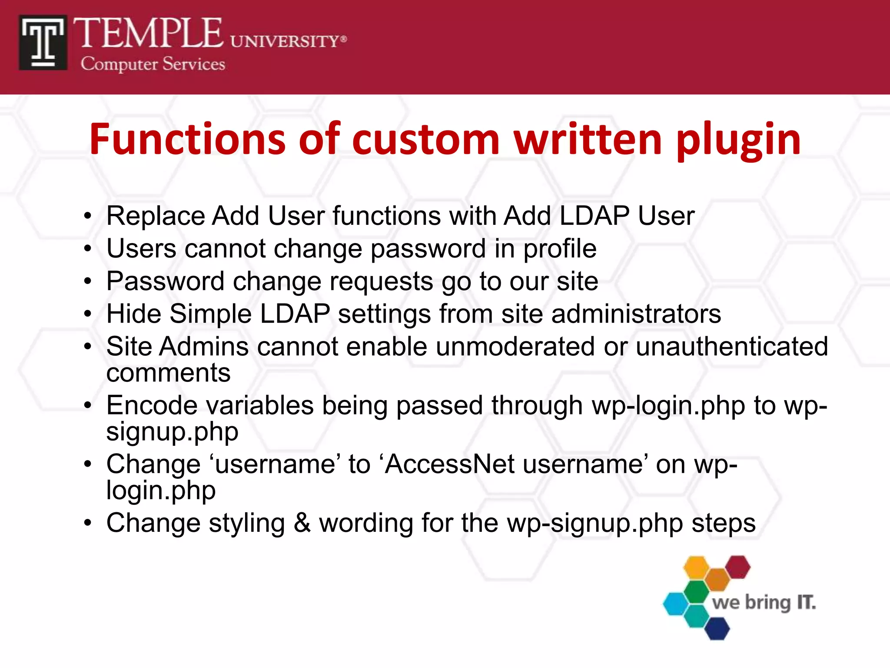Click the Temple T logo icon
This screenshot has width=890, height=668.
click(43, 43)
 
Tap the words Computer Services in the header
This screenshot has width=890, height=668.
click(153, 64)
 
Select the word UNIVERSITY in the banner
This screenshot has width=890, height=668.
click(285, 41)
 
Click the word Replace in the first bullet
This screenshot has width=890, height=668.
click(155, 216)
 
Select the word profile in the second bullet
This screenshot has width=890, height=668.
click(559, 249)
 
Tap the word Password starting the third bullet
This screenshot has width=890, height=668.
click(165, 281)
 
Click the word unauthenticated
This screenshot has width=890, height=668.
click(732, 347)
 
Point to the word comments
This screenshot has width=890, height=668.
click(168, 373)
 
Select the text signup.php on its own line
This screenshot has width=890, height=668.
click(172, 432)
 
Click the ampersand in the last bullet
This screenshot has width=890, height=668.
click(302, 523)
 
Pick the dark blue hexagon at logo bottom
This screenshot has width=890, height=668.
click(717, 628)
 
